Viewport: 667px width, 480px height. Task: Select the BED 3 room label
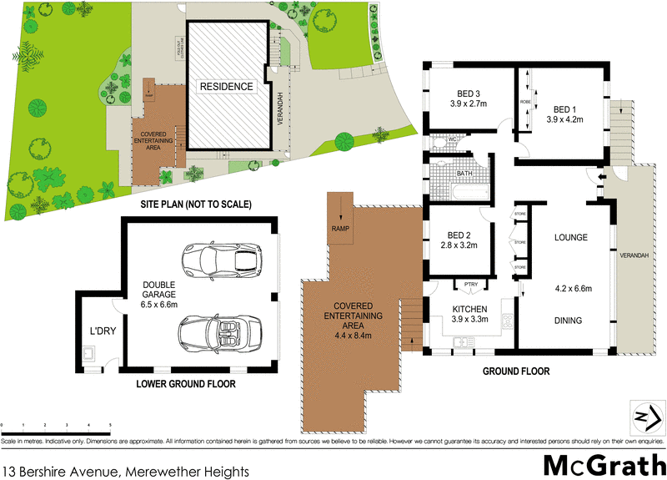coord(468,93)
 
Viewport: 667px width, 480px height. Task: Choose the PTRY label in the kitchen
coord(469,285)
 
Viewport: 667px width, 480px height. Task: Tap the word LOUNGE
coord(571,238)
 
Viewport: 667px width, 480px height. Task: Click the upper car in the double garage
coord(220,259)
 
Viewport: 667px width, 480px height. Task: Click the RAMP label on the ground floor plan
coord(340,229)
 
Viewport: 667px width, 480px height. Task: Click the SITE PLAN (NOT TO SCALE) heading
coord(183,204)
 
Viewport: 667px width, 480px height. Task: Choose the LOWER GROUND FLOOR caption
coord(187,384)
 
